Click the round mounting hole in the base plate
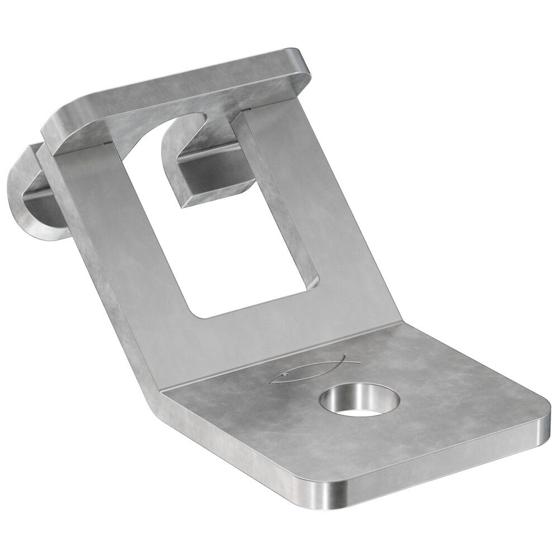point(360,399)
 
